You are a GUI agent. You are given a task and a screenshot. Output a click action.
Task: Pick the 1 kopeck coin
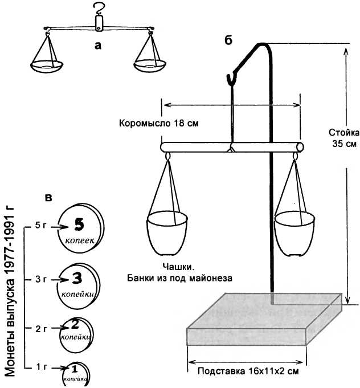pos(75,373)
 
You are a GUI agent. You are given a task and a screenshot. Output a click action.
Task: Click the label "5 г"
pos(40,226)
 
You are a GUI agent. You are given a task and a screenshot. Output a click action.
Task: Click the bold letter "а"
pos(98,47)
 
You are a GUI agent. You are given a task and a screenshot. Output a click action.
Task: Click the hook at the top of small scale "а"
pos(100,8)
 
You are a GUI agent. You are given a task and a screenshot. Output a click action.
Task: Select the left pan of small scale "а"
pos(46,65)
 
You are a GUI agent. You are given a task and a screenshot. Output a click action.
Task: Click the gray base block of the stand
pos(251,325)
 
